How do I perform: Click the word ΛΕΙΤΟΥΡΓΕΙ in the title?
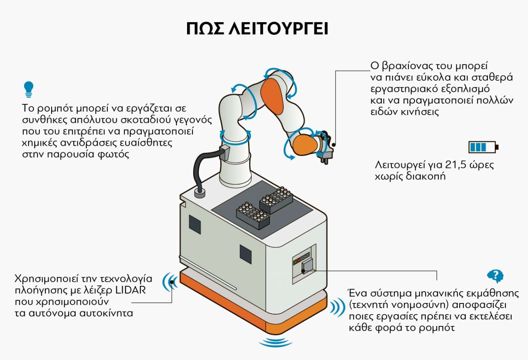click(278, 29)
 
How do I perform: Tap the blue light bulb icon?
click(29, 89)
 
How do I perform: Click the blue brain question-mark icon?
click(495, 276)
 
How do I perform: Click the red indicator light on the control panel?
click(299, 260)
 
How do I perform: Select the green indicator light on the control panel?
click(295, 262)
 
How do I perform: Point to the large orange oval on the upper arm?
click(272, 97)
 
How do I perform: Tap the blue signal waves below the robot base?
click(275, 342)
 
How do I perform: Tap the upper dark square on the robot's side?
click(195, 224)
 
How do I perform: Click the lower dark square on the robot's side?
click(246, 254)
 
